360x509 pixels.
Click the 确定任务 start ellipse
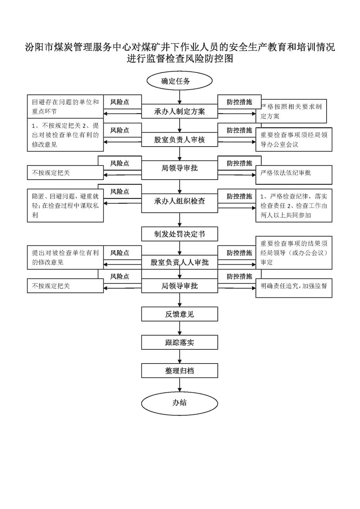coord(180,80)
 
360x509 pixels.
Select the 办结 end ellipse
coord(180,403)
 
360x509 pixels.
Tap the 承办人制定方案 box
coord(180,111)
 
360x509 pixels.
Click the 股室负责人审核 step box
coord(180,140)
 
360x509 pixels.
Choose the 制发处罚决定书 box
coord(180,234)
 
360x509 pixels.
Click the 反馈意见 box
coord(180,314)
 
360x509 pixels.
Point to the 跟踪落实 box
coord(180,342)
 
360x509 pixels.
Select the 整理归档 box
coord(180,371)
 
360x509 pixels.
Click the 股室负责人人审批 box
coord(180,262)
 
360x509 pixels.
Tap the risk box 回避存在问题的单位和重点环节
coord(65,107)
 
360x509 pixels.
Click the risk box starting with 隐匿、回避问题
coord(65,205)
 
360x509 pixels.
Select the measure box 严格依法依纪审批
coord(294,175)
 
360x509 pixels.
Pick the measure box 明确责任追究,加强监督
coord(294,288)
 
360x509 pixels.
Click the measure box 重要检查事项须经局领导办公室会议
coord(294,140)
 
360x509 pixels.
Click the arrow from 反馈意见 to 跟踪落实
coord(180,328)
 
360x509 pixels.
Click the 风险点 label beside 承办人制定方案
coord(120,102)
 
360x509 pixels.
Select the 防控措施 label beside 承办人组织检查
coord(239,196)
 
